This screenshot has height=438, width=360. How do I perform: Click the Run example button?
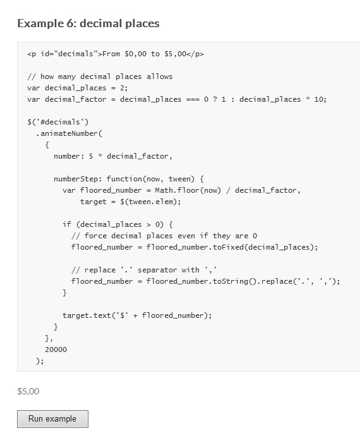click(52, 419)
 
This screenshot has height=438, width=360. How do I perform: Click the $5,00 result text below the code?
click(28, 391)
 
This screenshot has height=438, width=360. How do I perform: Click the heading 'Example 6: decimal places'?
click(88, 23)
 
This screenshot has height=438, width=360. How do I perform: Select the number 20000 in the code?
click(56, 350)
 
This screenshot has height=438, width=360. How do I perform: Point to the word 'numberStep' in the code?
click(67, 179)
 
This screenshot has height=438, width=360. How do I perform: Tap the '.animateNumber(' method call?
click(69, 133)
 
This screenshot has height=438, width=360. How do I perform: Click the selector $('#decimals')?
click(57, 122)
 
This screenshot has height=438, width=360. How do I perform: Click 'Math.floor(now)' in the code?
click(188, 190)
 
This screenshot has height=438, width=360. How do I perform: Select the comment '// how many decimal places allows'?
click(100, 77)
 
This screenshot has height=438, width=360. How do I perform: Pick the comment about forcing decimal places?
click(164, 236)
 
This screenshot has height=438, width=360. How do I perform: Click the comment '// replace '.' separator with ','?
click(144, 270)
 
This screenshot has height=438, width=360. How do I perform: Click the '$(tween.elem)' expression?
click(150, 202)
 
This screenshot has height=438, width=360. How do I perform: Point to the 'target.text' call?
click(87, 315)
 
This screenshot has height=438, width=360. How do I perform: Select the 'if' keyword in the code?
click(67, 224)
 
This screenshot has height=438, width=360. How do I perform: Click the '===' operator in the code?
click(193, 99)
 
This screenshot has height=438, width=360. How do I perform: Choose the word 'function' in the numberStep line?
click(124, 179)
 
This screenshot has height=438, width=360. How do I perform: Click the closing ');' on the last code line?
click(40, 361)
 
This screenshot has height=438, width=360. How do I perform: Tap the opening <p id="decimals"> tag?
click(65, 54)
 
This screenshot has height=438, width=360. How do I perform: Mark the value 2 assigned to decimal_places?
click(122, 88)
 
